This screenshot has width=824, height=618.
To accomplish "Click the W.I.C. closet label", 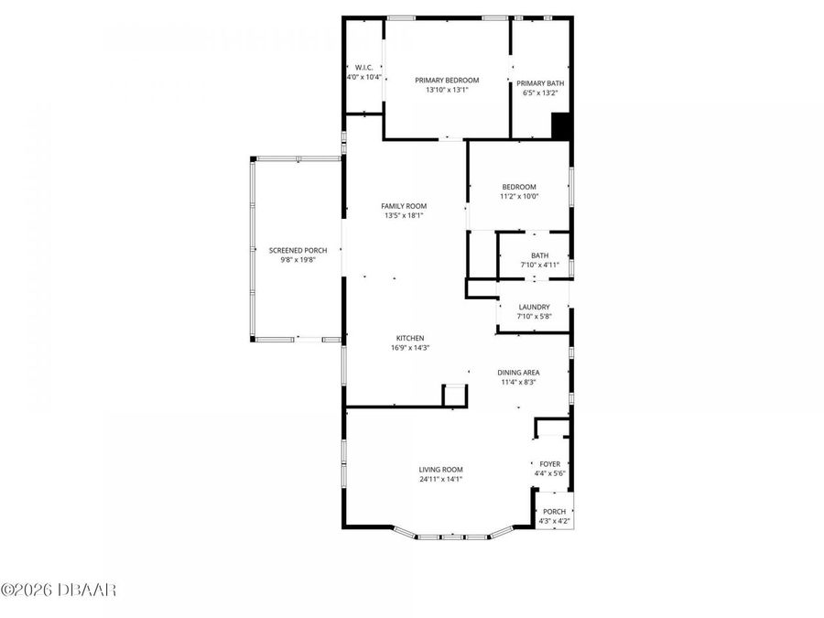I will click(363, 68).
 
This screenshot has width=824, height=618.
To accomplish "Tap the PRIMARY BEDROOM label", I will click(447, 81).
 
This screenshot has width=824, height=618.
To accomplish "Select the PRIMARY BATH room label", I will click(540, 83).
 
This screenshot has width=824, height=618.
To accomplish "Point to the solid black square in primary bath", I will click(561, 126).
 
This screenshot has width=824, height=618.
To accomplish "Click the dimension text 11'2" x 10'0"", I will click(519, 196).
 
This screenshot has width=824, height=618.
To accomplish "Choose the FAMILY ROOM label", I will click(404, 206).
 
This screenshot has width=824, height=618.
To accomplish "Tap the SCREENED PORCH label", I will click(298, 250).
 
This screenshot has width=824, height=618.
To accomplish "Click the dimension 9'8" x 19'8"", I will click(298, 260).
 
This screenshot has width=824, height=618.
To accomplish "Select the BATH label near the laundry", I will click(539, 255).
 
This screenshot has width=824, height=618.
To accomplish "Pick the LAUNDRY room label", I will click(534, 307).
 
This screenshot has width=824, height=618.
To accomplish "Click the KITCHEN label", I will click(409, 338).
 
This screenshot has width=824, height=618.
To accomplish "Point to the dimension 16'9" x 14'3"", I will click(409, 348).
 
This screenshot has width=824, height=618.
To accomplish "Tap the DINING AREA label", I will click(518, 372).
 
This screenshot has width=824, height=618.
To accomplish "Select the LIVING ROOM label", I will click(440, 469).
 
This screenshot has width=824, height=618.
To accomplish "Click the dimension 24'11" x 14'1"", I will click(440, 479).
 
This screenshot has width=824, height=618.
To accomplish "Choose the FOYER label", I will click(549, 464).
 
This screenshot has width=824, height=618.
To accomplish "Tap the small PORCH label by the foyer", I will click(554, 512).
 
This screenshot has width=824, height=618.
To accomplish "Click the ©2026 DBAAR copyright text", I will click(59, 590).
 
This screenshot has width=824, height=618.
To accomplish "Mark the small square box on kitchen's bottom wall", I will click(454, 395).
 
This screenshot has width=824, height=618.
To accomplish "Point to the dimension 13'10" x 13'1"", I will click(447, 90).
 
